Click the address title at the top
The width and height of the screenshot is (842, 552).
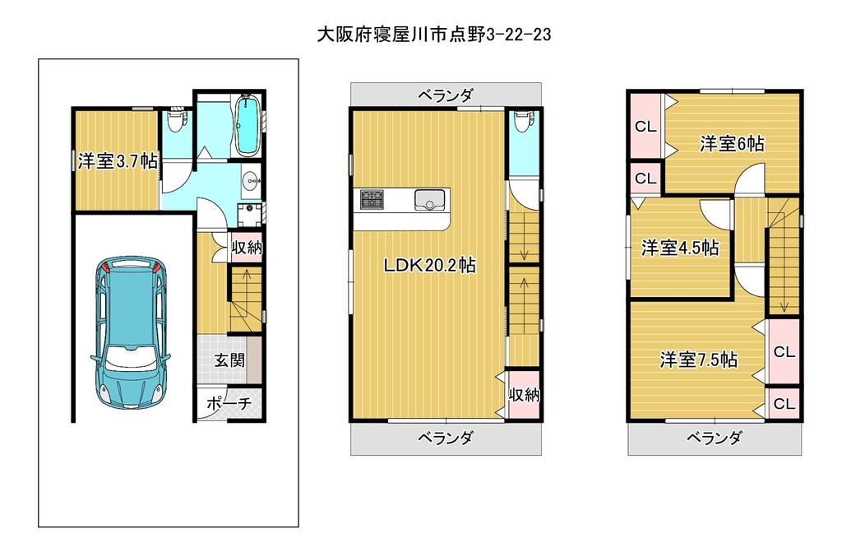coord(434,35)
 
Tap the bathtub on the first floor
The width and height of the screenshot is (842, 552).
coord(248,126)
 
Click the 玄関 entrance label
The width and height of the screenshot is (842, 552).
coord(230,359)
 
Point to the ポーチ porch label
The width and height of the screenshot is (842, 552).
coord(229,403)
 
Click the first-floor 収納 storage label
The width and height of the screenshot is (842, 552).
coord(247,248)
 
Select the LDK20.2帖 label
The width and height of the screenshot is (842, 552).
coord(429,265)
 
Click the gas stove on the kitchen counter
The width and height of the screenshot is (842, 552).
coord(372,199)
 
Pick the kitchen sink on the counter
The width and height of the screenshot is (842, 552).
coord(429,200)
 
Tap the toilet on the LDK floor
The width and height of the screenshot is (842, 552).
coord(521,122)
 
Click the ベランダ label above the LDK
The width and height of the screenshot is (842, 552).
coord(446,95)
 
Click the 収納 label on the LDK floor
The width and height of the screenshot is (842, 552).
coord(524,395)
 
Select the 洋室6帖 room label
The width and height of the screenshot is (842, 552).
coord(732,143)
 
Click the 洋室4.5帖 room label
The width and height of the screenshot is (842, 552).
coord(680,248)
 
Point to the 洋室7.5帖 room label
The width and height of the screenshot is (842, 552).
coord(698,359)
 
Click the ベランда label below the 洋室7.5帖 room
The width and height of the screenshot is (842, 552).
coord(715,438)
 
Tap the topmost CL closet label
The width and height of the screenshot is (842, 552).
coord(645,127)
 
